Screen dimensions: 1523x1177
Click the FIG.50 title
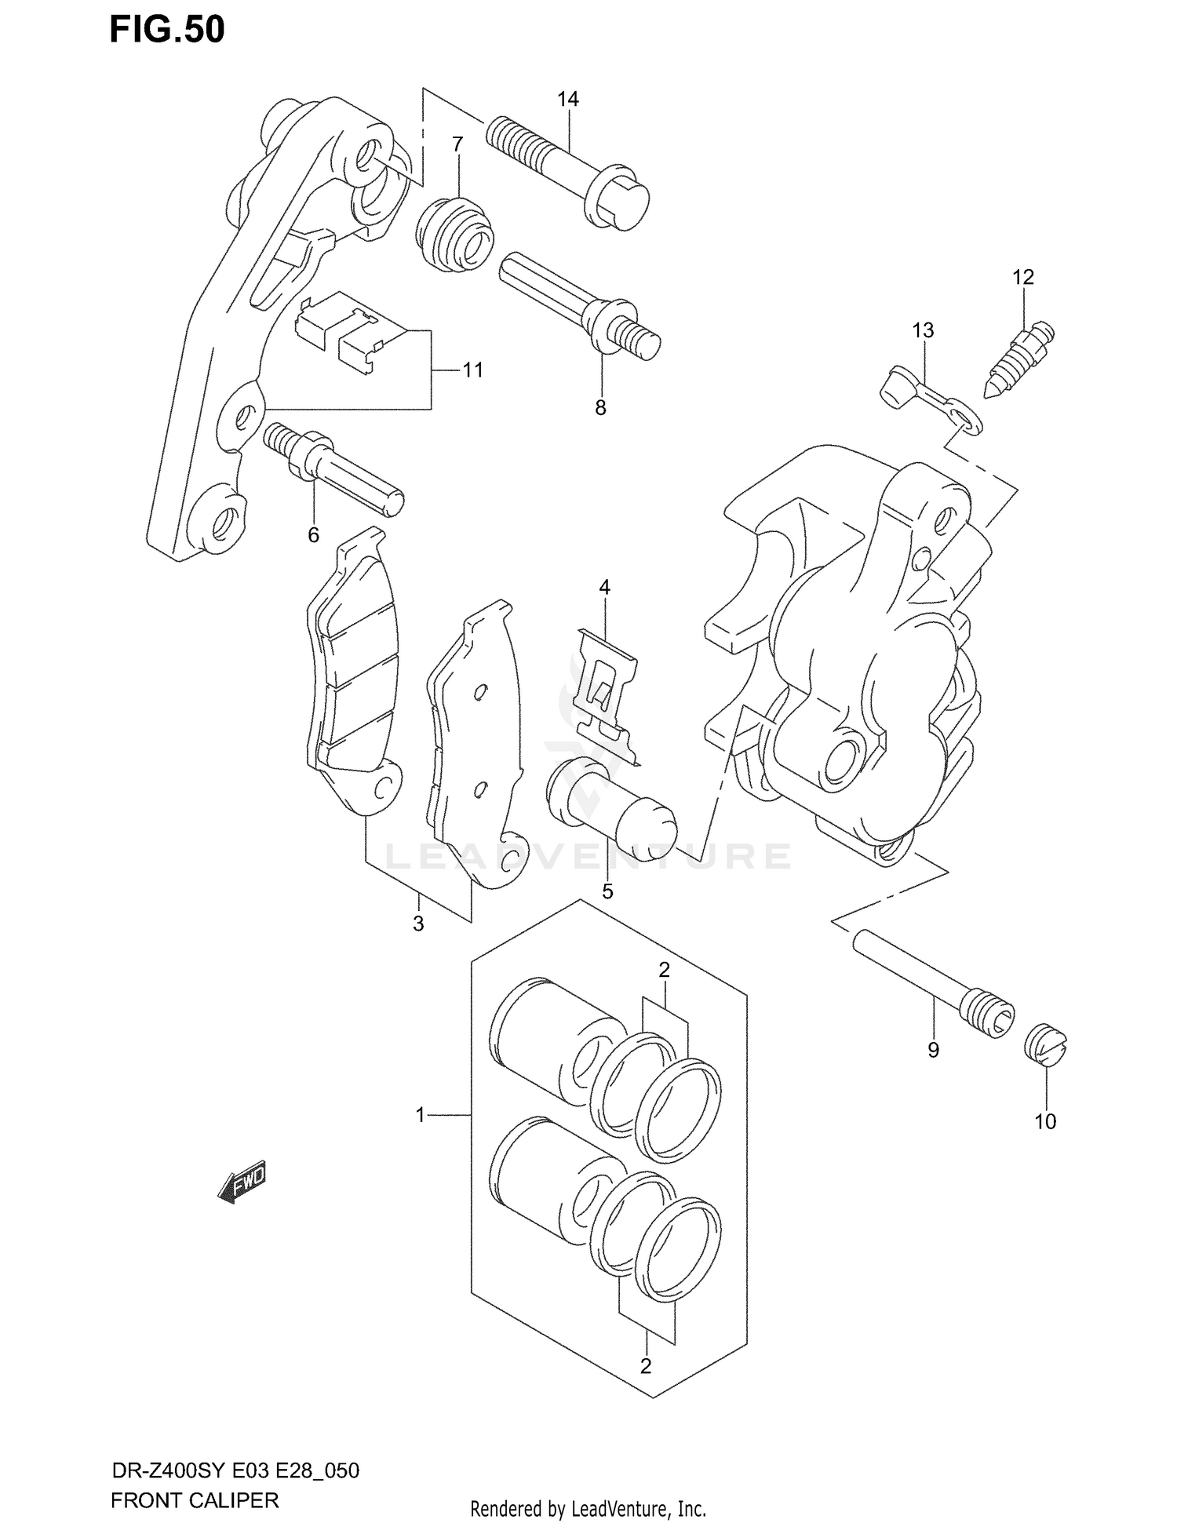(x=166, y=30)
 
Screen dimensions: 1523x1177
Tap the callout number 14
(x=567, y=99)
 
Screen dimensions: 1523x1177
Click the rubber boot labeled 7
(x=455, y=235)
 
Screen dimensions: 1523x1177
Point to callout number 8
(x=600, y=407)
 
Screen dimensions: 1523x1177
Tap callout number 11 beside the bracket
(x=472, y=370)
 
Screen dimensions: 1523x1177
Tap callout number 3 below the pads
(x=418, y=924)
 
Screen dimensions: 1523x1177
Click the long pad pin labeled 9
(x=934, y=984)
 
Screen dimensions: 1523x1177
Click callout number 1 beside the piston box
(x=420, y=1114)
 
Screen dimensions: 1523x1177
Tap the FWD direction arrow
(x=243, y=1181)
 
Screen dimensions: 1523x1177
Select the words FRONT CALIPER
(x=195, y=1500)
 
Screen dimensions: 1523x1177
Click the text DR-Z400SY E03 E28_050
(x=235, y=1470)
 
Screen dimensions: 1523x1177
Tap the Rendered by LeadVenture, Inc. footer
(x=588, y=1508)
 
